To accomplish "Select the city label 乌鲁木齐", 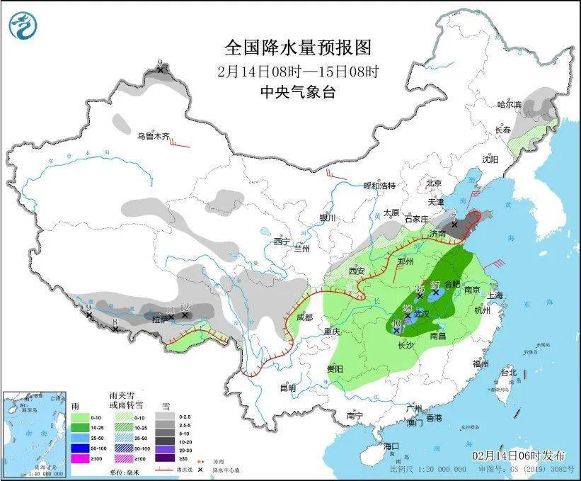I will tap(154, 136).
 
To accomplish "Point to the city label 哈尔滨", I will tap(508, 105).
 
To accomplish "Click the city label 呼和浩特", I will tap(379, 186).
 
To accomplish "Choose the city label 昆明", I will tap(287, 387).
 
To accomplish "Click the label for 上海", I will tap(494, 295).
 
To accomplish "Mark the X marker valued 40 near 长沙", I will tap(396, 331).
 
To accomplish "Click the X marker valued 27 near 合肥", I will tap(436, 292).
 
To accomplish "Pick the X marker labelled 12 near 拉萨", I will tap(185, 315).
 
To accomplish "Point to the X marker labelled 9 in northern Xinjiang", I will tap(161, 70).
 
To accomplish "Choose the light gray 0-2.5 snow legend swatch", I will tap(166, 417).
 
